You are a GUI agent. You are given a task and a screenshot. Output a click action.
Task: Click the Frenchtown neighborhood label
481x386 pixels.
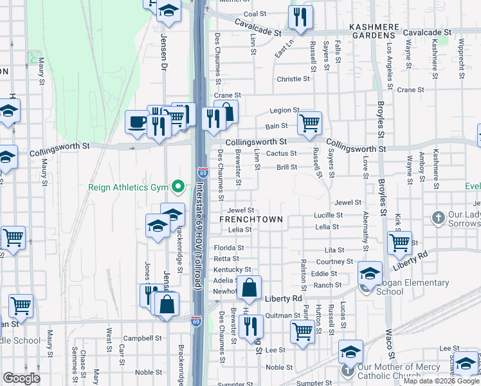(251, 219)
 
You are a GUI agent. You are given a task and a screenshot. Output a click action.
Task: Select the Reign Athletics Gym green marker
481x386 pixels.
(179, 187)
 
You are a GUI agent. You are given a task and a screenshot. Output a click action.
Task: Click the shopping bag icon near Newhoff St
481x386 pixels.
(250, 288)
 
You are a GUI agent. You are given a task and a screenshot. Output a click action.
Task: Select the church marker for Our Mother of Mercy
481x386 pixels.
(348, 371)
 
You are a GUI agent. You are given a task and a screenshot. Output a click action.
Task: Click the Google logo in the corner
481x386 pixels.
(21, 379)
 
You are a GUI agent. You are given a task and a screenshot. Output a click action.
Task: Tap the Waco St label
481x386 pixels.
(389, 337)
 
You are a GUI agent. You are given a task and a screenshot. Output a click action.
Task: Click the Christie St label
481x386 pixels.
(293, 79)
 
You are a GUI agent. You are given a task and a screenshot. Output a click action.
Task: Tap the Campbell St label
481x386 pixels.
(142, 338)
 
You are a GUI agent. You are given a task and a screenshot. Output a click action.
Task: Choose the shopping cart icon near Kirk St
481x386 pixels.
(399, 243)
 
